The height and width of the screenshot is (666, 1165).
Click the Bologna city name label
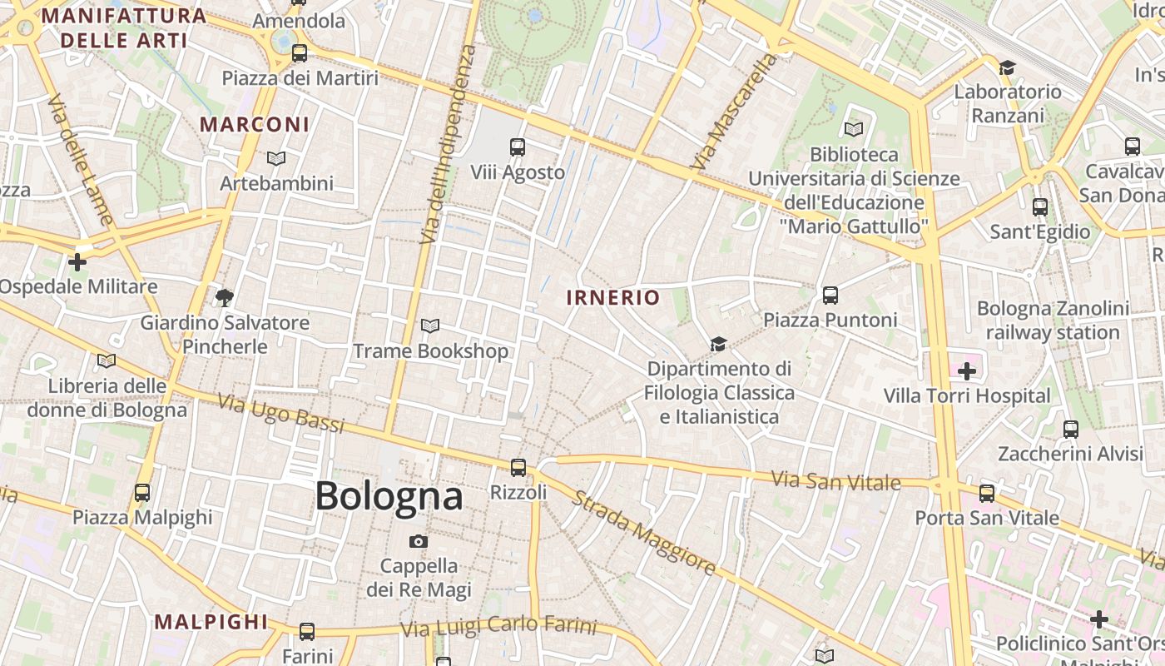coord(389,497)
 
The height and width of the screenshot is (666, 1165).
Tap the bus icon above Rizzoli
coord(518,467)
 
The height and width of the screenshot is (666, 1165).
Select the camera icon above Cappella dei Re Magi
coord(419,541)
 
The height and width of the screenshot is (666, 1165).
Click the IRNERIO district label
coord(613,297)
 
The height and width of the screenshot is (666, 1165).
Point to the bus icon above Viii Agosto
coord(518,147)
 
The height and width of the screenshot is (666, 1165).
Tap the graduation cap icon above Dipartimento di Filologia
coord(718,344)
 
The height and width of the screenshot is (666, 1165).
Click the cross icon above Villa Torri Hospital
coord(967,371)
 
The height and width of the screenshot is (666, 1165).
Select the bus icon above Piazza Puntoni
coord(830,295)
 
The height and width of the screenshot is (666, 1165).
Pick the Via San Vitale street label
coord(835,480)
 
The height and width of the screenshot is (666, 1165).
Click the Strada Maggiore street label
coord(643,533)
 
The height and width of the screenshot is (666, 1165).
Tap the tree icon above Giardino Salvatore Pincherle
coord(224,297)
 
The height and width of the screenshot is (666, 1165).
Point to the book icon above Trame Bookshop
coord(430,326)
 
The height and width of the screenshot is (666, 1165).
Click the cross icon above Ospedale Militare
coord(77,262)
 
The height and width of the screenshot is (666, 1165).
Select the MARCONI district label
coord(255,125)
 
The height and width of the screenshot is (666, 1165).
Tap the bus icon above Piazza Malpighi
coord(142,492)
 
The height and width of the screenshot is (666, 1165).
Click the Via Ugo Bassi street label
coord(280,413)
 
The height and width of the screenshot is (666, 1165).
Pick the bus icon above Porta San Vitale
coord(987,493)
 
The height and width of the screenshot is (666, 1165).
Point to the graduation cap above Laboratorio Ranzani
coord(1008,67)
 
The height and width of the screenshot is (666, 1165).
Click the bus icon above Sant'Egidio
coord(1040,206)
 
